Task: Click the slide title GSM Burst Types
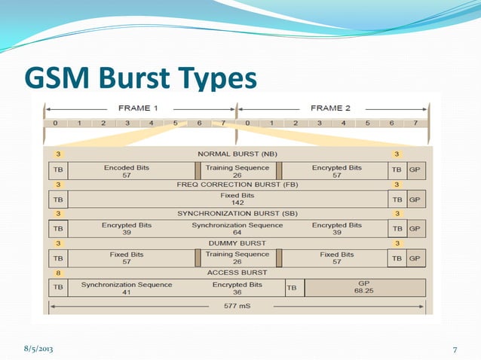click(x=141, y=78)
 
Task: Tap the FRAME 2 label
click(x=332, y=108)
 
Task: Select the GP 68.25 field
click(x=365, y=288)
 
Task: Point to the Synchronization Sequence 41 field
click(x=127, y=288)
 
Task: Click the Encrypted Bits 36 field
click(x=237, y=288)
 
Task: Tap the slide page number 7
click(x=455, y=349)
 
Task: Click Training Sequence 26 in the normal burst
click(x=237, y=170)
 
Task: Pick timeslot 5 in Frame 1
click(x=175, y=122)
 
